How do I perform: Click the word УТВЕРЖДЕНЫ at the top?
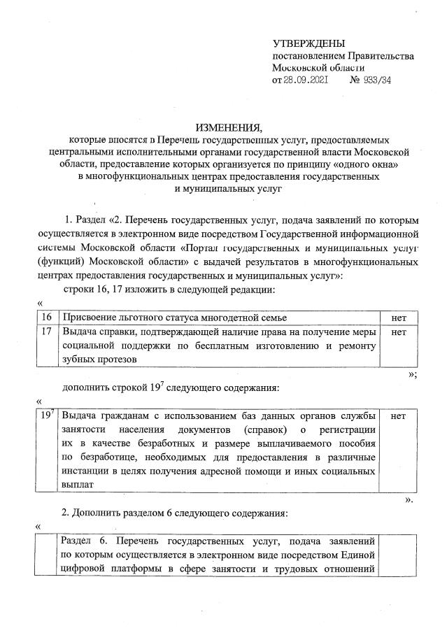pos(308,43)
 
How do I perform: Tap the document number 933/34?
pos(376,80)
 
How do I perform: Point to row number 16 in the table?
pos(48,318)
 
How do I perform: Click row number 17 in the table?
pos(48,332)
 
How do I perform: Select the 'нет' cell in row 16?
pos(399,318)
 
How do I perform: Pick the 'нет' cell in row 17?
pos(399,332)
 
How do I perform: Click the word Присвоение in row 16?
pos(89,318)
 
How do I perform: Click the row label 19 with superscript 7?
pos(48,415)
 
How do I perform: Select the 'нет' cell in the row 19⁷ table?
pos(399,416)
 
